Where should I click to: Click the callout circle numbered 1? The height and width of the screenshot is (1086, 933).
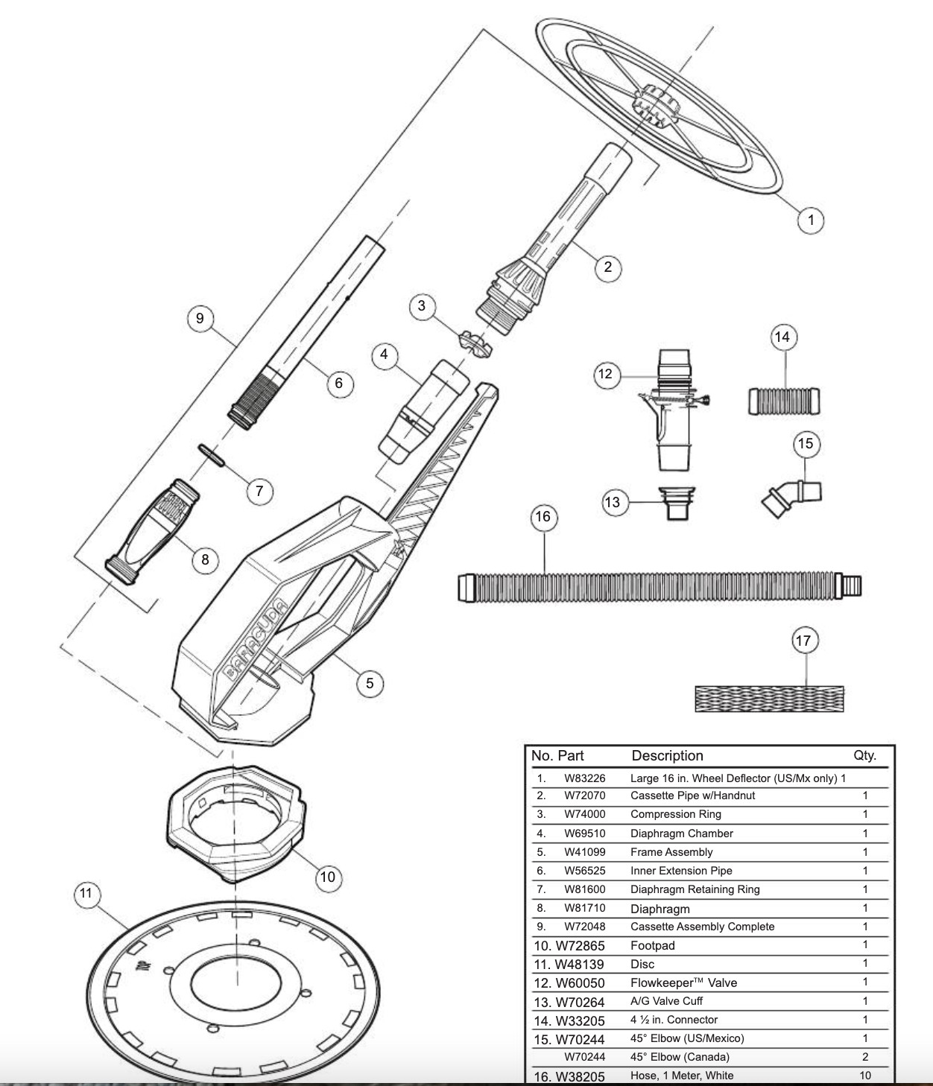click(811, 220)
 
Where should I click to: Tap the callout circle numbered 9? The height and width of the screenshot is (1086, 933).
click(200, 318)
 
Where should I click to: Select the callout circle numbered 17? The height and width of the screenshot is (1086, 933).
click(804, 641)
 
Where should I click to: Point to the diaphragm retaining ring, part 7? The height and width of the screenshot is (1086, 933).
click(212, 455)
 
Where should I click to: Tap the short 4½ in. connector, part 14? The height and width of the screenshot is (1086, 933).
click(784, 401)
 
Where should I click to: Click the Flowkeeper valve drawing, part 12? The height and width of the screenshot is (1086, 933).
click(674, 410)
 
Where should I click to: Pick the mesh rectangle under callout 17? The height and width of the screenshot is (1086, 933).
click(770, 699)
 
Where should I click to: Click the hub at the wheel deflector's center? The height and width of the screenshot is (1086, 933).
click(655, 107)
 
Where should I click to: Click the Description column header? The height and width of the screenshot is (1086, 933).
click(667, 755)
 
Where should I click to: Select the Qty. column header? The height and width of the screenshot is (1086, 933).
click(864, 755)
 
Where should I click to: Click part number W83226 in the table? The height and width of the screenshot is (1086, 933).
click(584, 778)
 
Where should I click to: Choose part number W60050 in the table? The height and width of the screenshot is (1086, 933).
click(580, 982)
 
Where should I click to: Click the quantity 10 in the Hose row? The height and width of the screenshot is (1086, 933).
click(864, 1075)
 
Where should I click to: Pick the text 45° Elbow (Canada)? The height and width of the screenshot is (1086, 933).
click(680, 1056)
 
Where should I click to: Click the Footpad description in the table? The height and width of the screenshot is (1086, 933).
click(652, 945)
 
